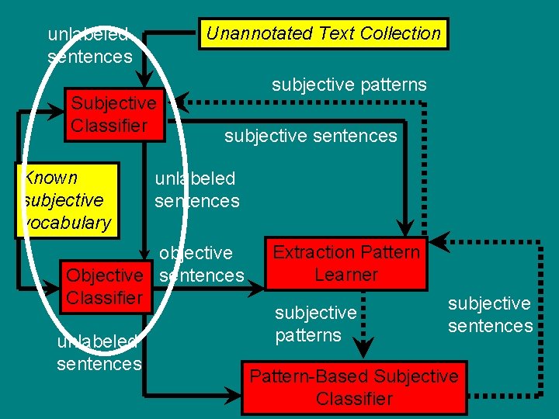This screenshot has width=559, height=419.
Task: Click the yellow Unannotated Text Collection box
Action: [324, 33]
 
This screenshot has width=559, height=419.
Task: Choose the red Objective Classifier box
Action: [105, 286]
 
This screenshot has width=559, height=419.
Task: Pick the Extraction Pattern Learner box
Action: [346, 263]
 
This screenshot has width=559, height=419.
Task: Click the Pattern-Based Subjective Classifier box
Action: [354, 387]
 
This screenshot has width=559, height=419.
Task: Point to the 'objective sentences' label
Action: [200, 264]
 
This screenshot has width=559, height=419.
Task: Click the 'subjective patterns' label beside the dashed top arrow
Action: [349, 85]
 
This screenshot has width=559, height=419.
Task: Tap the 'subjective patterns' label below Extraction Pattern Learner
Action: [315, 324]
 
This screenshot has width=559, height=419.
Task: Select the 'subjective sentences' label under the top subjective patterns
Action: [311, 137]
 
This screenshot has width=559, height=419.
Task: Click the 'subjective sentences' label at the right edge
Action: [490, 314]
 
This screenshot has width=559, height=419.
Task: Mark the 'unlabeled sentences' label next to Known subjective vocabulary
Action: [196, 189]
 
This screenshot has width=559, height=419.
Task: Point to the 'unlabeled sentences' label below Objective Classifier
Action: [99, 353]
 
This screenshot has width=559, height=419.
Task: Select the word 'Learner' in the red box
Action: [346, 274]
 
